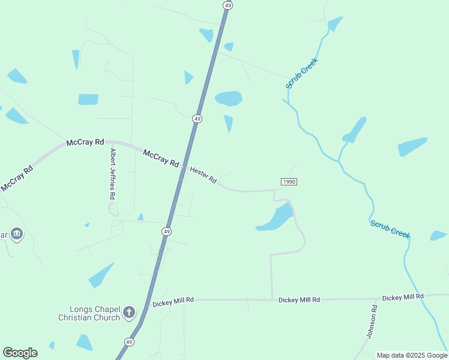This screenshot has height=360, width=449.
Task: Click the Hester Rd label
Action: pyautogui.click(x=203, y=175)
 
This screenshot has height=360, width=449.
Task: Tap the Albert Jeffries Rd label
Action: pyautogui.click(x=112, y=175)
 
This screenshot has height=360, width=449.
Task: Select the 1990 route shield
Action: pyautogui.click(x=289, y=182)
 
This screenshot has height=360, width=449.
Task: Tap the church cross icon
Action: pyautogui.click(x=128, y=312)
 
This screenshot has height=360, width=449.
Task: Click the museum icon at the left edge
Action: pyautogui.click(x=16, y=234)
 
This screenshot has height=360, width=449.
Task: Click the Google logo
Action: pyautogui.click(x=20, y=353)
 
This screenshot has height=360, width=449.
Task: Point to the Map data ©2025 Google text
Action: pyautogui.click(x=412, y=355)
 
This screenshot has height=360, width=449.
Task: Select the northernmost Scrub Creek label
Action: pyautogui.click(x=301, y=73)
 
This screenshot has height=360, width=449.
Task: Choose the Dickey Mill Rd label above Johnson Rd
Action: pyautogui.click(x=403, y=297)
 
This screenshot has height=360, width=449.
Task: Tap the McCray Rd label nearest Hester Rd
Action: pyautogui.click(x=161, y=159)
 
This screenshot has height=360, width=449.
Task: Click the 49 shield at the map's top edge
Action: pyautogui.click(x=227, y=5)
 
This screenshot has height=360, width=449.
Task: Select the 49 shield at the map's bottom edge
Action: pyautogui.click(x=129, y=342)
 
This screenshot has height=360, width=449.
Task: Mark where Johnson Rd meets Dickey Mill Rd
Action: pyautogui.click(x=378, y=298)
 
